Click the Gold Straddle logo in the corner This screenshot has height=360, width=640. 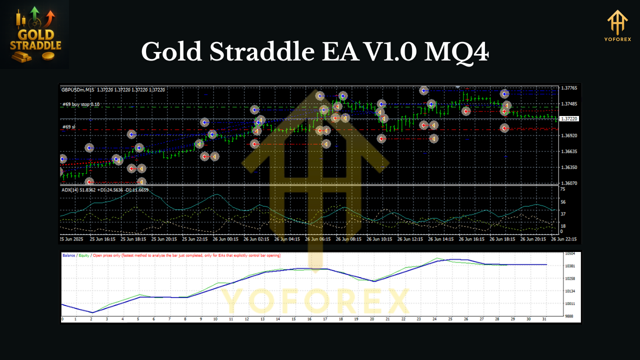35,34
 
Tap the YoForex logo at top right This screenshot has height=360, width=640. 617,27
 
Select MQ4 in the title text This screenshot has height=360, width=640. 456,51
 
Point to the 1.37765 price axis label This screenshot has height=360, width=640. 569,88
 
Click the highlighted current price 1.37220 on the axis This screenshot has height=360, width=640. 569,119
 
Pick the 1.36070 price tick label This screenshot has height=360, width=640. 569,183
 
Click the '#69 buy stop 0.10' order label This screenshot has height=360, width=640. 81,104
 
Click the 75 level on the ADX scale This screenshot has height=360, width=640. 562,189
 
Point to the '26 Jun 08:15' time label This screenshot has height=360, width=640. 349,239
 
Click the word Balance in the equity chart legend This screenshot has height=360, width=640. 69,255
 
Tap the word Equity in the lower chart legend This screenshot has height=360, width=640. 84,255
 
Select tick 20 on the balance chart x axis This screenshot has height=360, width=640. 371,319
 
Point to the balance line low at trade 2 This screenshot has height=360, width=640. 92,312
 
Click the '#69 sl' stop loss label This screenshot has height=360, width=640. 69,127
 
